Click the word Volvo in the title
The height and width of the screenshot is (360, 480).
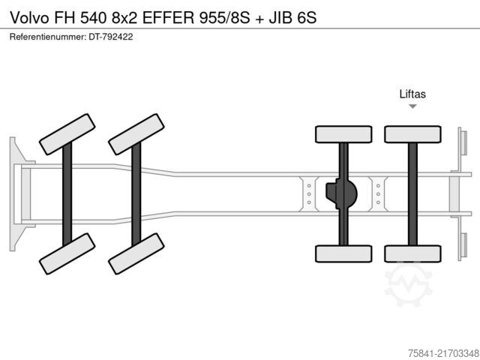point(29,18)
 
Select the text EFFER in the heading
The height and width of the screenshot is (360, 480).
point(168,18)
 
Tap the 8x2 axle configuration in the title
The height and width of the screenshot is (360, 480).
point(124,18)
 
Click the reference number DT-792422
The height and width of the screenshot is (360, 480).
point(111,37)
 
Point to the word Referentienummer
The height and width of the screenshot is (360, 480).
point(48,37)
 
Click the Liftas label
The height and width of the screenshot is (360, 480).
point(412,94)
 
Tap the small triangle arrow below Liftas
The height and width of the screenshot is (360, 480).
point(412,106)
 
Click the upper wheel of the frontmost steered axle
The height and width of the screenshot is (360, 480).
point(67,134)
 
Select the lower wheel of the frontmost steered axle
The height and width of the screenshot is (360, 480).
point(67,253)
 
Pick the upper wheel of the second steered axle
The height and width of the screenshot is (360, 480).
point(136,134)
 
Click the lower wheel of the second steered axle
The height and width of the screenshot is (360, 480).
point(136,253)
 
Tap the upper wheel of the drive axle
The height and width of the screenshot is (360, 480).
point(343,134)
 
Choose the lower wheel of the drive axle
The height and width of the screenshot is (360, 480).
point(343,253)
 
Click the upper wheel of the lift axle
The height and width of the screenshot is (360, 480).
point(412,134)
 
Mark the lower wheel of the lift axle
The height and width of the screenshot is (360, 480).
point(412,253)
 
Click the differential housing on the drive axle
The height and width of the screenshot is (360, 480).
point(342,194)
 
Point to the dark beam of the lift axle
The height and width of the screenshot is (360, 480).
point(412,194)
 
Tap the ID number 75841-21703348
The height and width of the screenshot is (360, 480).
point(443,353)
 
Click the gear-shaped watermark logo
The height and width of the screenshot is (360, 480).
point(408,285)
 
